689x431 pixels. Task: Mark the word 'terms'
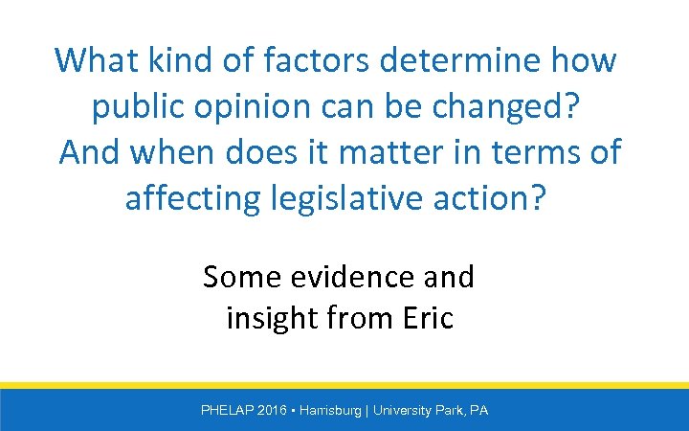tap(519, 152)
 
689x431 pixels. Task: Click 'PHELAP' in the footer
tap(227, 410)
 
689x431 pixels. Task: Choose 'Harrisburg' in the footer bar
tap(330, 410)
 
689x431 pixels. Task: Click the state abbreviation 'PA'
tap(479, 410)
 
